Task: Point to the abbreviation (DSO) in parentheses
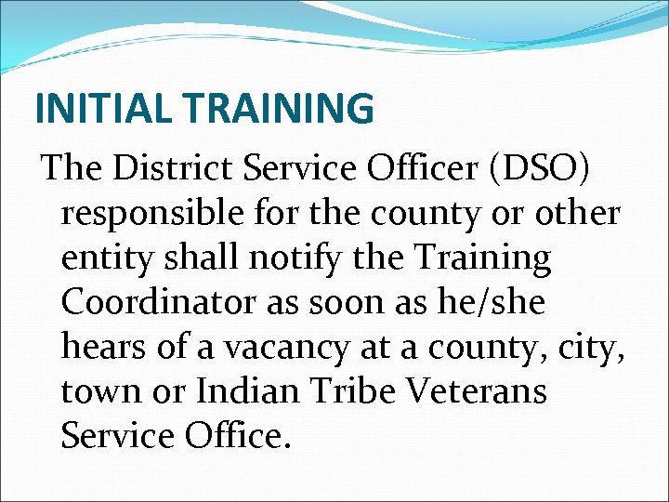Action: [550, 169]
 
